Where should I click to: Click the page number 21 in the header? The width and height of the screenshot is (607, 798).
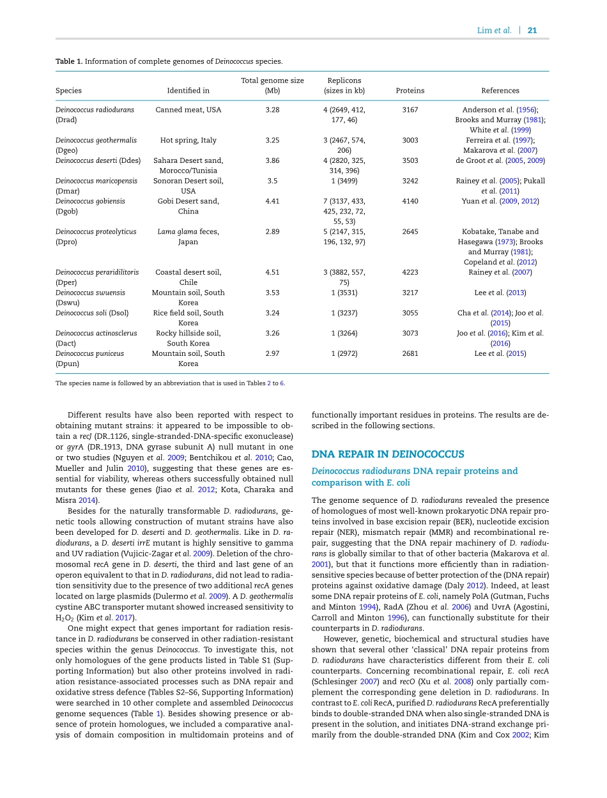click(x=532, y=31)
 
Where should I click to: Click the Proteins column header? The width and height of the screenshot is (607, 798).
click(x=410, y=91)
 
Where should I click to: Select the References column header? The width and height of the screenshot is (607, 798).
click(x=500, y=91)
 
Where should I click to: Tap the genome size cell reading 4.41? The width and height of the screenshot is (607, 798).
click(x=272, y=201)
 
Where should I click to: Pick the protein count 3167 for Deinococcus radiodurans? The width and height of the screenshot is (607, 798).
click(x=410, y=110)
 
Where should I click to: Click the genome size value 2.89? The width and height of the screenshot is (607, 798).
click(x=272, y=232)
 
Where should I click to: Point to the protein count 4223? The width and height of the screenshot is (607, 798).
click(x=410, y=272)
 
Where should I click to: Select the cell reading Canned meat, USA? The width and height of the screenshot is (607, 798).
click(x=188, y=110)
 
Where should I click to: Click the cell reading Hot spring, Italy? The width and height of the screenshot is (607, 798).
click(x=188, y=141)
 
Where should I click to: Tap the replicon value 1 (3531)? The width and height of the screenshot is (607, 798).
click(x=344, y=293)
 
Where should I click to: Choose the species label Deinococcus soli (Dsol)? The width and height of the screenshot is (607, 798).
click(x=92, y=313)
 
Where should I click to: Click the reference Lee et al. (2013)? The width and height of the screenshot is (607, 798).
click(x=500, y=293)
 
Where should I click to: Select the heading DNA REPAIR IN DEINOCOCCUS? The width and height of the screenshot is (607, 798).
click(x=387, y=454)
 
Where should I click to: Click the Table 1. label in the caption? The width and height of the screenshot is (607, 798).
click(x=69, y=61)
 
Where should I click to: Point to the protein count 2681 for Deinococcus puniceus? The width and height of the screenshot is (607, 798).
click(x=410, y=353)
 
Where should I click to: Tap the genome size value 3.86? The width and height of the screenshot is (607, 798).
click(x=272, y=161)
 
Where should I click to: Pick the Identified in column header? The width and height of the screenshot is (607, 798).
click(x=188, y=91)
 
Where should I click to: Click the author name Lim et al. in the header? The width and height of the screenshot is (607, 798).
click(x=494, y=31)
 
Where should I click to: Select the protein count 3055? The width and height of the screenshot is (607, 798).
click(x=410, y=313)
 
